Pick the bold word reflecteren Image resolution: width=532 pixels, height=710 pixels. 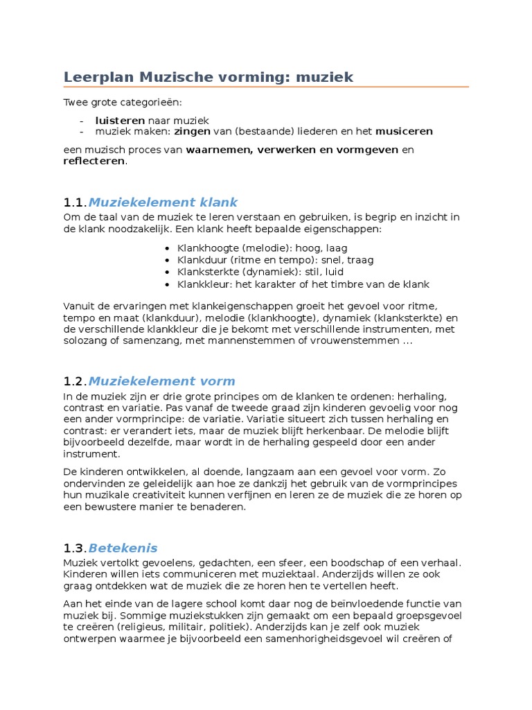(94, 161)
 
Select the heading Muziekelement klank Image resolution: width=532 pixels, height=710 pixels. (163, 202)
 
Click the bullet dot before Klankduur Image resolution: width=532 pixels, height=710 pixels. (168, 260)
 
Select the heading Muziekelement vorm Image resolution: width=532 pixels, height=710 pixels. (162, 381)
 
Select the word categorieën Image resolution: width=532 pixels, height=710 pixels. (149, 103)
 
